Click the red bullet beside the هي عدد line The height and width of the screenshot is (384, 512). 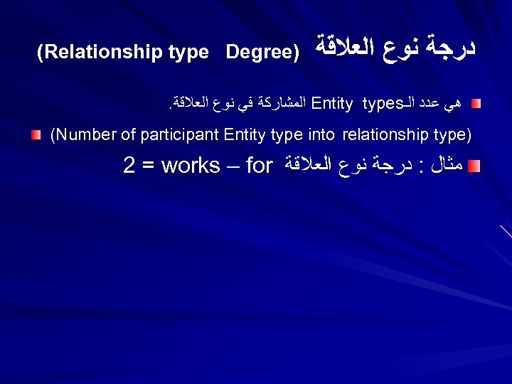pyautogui.click(x=476, y=105)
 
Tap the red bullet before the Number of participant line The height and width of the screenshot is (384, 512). pyautogui.click(x=35, y=134)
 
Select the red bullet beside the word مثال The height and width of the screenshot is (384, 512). pyautogui.click(x=476, y=166)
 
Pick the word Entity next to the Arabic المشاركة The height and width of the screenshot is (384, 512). pyautogui.click(x=333, y=105)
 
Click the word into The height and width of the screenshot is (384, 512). pyautogui.click(x=321, y=135)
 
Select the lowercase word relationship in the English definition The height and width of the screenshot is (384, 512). pyautogui.click(x=389, y=135)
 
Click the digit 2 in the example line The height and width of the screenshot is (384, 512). pyautogui.click(x=129, y=166)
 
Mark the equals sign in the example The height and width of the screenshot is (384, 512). pyautogui.click(x=148, y=166)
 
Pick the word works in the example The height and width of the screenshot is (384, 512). pyautogui.click(x=191, y=166)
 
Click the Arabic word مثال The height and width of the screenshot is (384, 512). pyautogui.click(x=447, y=166)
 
